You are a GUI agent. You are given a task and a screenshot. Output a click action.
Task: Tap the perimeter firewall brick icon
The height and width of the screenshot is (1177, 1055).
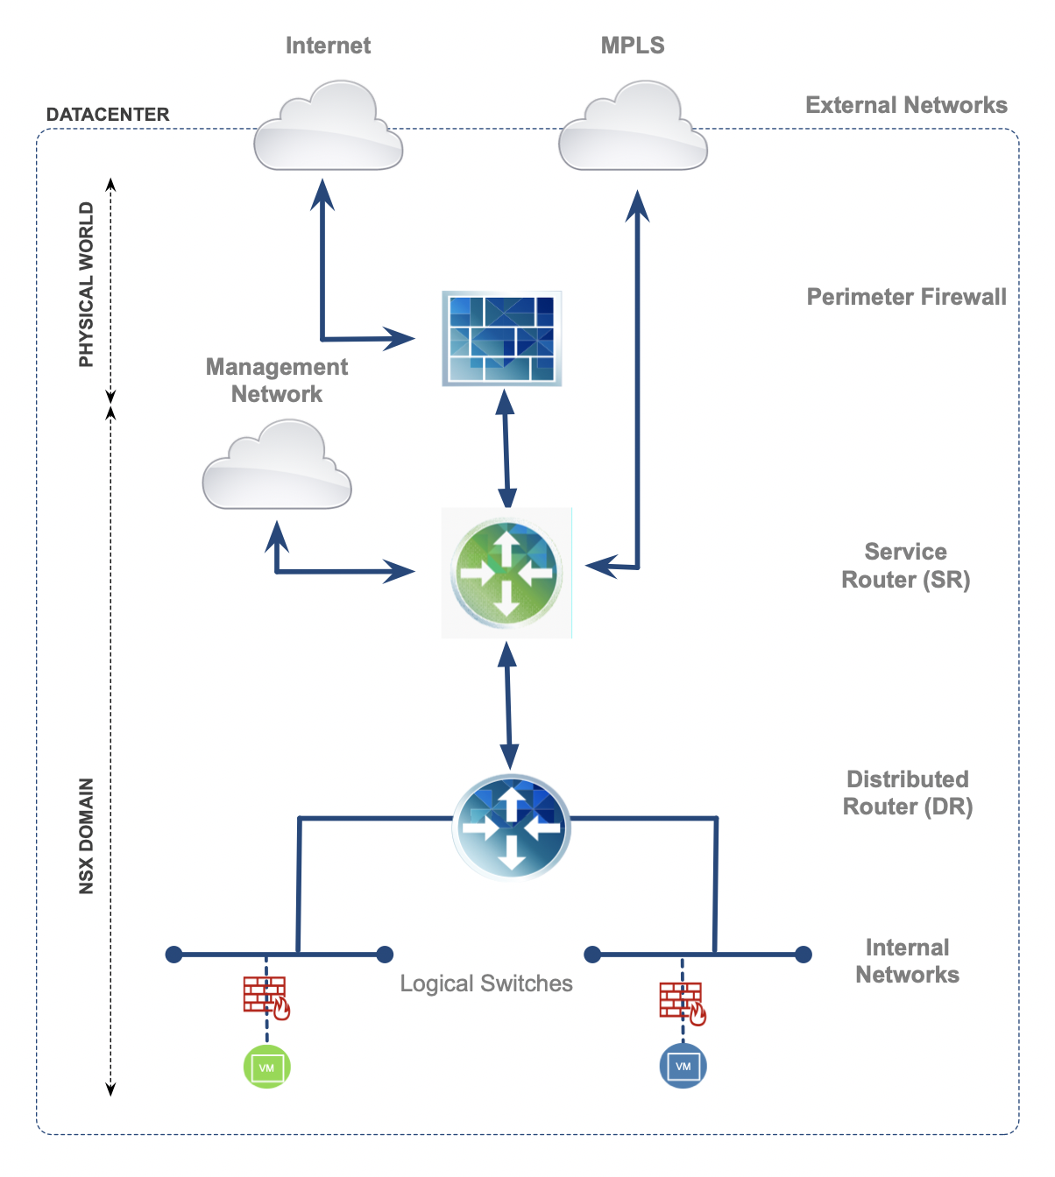501,339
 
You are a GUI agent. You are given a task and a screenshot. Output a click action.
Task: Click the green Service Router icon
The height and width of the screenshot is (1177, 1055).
506,572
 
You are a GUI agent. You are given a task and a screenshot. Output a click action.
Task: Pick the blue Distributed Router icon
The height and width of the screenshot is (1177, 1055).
512,826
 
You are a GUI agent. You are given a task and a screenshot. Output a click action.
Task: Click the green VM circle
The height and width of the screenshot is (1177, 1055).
266,1067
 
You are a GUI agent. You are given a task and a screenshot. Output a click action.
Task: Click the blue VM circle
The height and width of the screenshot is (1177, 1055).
683,1065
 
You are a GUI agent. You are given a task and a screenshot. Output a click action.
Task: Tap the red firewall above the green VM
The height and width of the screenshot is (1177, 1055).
266,997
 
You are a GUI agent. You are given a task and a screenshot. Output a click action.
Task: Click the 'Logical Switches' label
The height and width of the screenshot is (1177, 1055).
486,983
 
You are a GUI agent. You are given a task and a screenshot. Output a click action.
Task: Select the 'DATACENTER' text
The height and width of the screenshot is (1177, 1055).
108,115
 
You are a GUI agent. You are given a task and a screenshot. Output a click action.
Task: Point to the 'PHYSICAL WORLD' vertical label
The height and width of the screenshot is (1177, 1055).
86,285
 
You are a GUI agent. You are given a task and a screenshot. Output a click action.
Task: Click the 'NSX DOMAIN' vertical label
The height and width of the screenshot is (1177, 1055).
86,836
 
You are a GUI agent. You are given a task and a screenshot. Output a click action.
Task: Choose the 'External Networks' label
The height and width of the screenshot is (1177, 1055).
906,105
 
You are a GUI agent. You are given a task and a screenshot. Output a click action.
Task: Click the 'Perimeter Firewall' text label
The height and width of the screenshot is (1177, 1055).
906,297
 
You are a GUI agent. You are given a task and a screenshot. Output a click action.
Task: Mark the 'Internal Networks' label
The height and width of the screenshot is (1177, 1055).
907,961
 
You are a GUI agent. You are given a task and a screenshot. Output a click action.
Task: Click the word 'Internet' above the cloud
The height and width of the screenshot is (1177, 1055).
328,46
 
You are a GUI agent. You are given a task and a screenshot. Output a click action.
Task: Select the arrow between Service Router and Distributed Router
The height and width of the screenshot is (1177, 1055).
508,705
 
